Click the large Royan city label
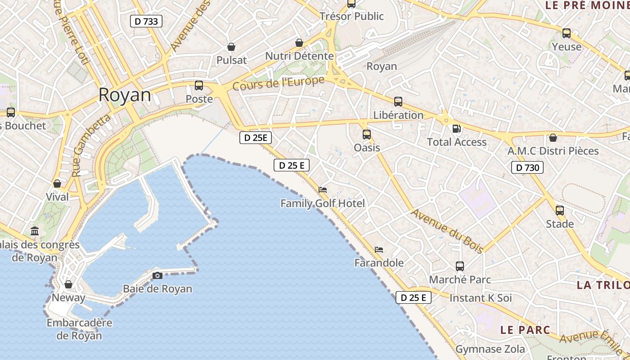125,95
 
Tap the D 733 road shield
146,21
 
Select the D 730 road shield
527,168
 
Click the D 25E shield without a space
255,138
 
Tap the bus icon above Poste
198,85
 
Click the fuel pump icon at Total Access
456,129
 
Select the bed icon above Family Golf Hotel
323,190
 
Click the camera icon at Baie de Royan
157,275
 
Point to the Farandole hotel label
379,263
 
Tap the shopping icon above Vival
57,184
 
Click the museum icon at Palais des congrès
35,231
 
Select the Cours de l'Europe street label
279,83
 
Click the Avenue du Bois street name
447,231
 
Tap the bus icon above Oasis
367,134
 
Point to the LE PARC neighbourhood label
525,329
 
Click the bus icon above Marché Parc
459,266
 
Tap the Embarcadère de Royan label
79,329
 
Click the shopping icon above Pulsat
231,47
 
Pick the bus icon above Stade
560,210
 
